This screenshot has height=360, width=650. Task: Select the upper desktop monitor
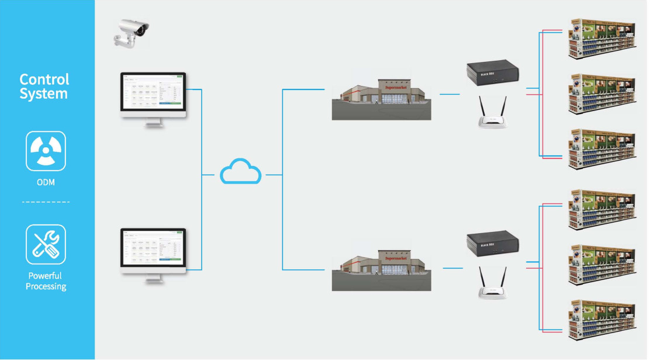tap(153, 95)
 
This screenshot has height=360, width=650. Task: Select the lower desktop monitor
tap(153, 251)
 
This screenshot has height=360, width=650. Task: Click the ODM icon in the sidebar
tap(46, 151)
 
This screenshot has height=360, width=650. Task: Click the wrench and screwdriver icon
tap(46, 244)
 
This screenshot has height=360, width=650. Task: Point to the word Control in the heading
tap(44, 79)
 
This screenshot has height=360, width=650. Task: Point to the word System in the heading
tap(44, 94)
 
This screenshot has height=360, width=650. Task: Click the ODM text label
tap(46, 182)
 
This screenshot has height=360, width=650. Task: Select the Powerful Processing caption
tap(46, 281)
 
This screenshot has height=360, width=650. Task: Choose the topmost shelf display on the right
tap(601, 38)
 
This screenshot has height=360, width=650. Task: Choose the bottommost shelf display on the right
tap(601, 320)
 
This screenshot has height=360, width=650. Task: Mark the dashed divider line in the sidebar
tap(46, 202)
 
